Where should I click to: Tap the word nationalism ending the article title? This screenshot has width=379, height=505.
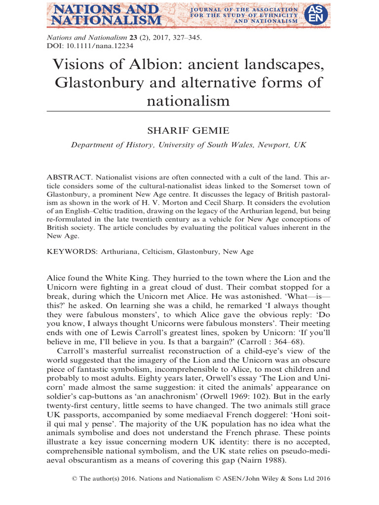(189, 101)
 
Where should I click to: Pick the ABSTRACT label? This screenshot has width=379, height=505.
(69, 177)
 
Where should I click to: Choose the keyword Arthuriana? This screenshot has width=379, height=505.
(121, 252)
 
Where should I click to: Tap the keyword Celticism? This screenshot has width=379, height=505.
(165, 252)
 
